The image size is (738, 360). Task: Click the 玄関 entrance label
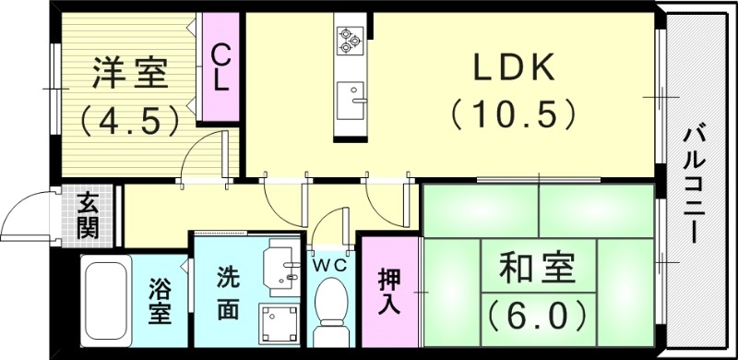tap(89, 214)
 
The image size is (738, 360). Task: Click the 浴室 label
tap(160, 301)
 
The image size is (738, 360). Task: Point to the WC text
tap(329, 264)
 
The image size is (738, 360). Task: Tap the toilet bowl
tap(329, 309)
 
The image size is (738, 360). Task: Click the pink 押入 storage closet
tap(387, 291)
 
